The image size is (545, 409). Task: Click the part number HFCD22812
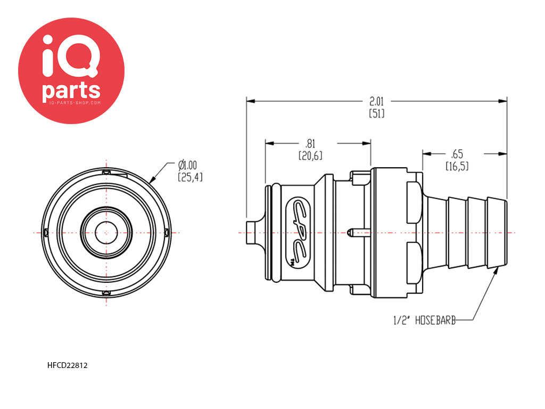67,365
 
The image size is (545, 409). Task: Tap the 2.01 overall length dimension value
376,102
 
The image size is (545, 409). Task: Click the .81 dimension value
310,144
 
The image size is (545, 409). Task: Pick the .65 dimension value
457,154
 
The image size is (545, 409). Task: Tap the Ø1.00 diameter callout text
187,165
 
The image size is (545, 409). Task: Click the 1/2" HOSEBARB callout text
424,320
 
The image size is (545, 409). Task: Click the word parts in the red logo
71,91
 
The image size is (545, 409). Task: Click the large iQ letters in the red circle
71,56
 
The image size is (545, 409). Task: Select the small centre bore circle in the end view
106,233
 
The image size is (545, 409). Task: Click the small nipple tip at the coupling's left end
251,232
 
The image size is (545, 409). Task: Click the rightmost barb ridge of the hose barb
497,233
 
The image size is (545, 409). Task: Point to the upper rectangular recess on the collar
415,202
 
